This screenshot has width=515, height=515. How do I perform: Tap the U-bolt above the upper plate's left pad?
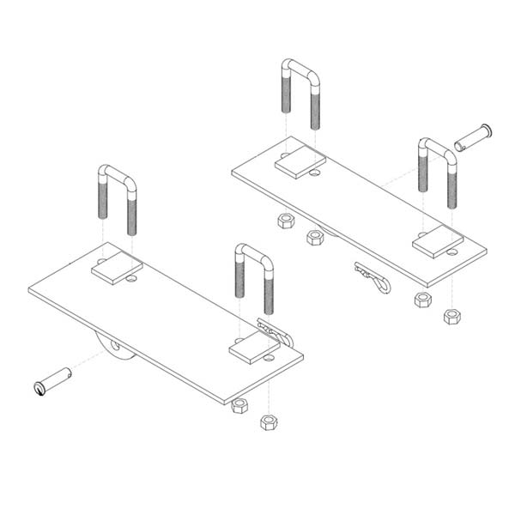(x=300, y=90)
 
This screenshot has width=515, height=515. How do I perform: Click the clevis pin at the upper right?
(x=474, y=136)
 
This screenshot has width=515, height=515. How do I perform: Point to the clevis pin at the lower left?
(x=53, y=380)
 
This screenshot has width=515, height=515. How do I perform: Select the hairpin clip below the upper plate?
(x=373, y=276)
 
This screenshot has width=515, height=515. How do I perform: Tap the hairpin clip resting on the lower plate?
(x=274, y=330)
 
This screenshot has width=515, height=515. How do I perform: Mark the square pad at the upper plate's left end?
(x=300, y=163)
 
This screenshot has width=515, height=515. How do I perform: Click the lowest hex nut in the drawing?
(x=269, y=421)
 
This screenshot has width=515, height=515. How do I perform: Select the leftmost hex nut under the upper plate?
(x=286, y=221)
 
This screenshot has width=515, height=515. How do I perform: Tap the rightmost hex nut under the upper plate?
(x=451, y=316)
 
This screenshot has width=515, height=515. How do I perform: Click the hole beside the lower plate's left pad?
(x=131, y=278)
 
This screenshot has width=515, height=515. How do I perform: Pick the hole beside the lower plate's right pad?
(x=269, y=356)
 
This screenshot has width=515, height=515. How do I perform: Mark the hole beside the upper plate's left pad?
(x=315, y=173)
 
